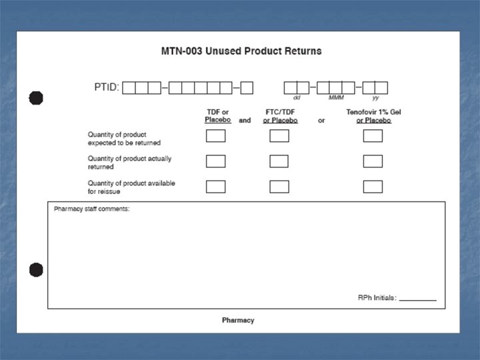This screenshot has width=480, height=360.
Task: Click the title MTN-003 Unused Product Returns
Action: tap(241, 51)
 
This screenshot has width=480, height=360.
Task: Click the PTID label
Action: tap(107, 87)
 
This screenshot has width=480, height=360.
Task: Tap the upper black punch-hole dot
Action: tap(36, 98)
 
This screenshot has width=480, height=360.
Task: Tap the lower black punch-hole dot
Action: tap(36, 270)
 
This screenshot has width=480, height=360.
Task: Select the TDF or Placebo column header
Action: tap(217, 116)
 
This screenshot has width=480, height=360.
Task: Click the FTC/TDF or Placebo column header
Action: tap(280, 116)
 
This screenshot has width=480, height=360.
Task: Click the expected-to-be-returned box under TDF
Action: tap(215, 136)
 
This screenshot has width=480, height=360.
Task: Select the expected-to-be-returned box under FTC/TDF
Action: tap(279, 136)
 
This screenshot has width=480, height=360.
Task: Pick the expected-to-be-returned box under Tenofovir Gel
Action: tap(373, 136)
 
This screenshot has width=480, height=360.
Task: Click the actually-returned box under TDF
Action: tap(215, 161)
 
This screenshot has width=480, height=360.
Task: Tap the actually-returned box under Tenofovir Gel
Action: tap(373, 161)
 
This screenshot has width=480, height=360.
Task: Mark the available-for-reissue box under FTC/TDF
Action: tap(279, 187)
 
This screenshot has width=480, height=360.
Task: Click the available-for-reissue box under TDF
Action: tap(215, 187)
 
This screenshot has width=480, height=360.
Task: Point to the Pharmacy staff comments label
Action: tap(92, 209)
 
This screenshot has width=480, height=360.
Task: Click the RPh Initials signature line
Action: tap(417, 299)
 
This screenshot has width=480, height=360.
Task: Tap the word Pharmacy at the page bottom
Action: tap(238, 321)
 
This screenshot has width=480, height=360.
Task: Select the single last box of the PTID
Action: tap(247, 87)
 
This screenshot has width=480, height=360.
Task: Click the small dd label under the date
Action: tap(297, 98)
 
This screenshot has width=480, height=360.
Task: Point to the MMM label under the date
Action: tap(336, 98)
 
